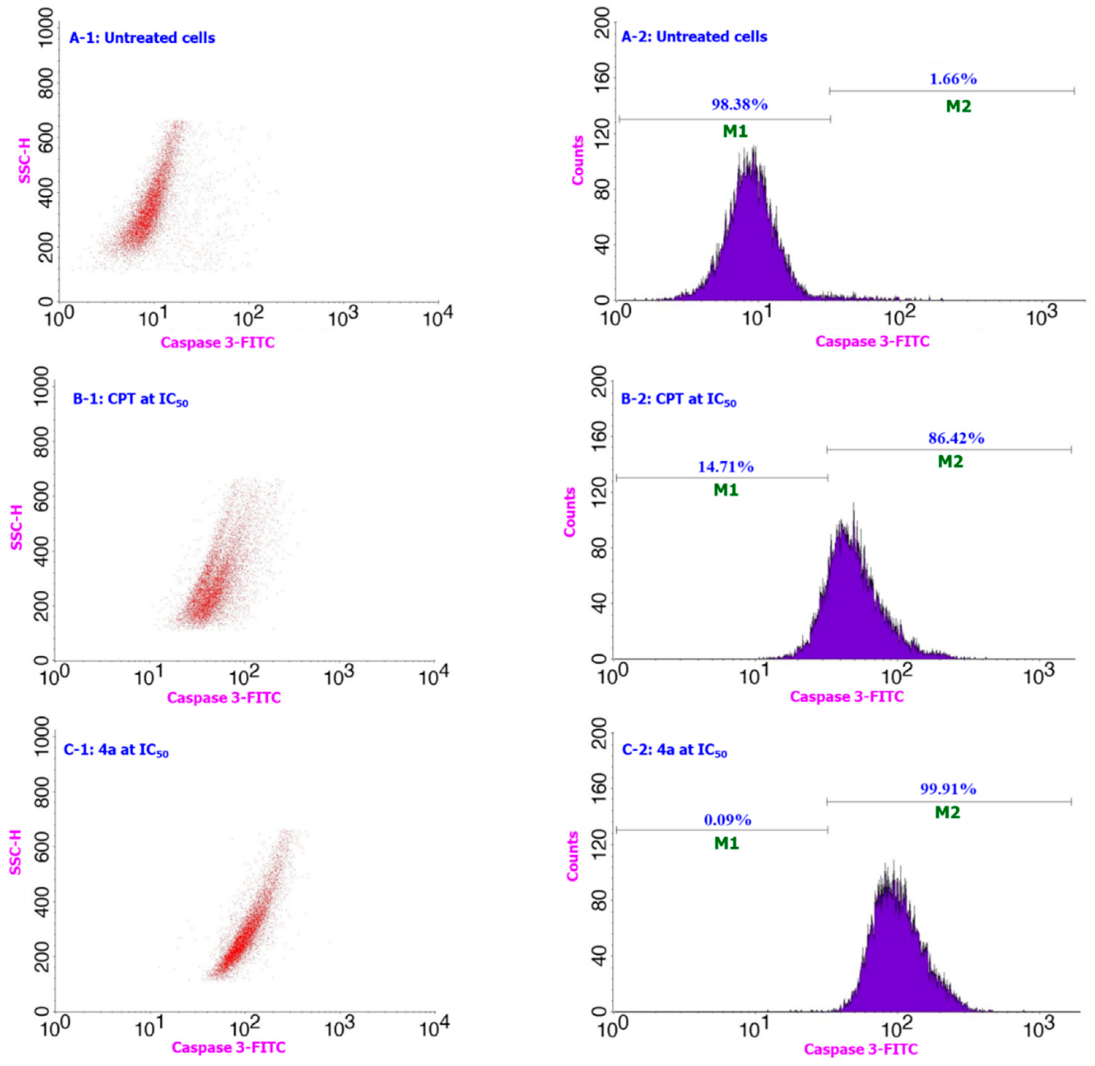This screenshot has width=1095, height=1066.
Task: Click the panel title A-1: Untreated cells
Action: [142, 38]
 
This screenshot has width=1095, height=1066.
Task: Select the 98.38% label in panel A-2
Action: [739, 105]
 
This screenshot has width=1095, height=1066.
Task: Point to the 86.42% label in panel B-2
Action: [956, 438]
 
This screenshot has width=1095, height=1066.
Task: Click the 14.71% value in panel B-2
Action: [725, 467]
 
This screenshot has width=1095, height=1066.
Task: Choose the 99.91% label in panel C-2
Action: [948, 789]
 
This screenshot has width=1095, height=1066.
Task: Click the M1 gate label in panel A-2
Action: [735, 131]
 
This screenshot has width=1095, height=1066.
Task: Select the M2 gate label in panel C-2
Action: [948, 812]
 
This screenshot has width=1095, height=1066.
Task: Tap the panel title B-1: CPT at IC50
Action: [130, 400]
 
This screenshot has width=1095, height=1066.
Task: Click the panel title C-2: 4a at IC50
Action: [674, 750]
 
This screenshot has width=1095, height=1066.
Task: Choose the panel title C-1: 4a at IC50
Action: [116, 750]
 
